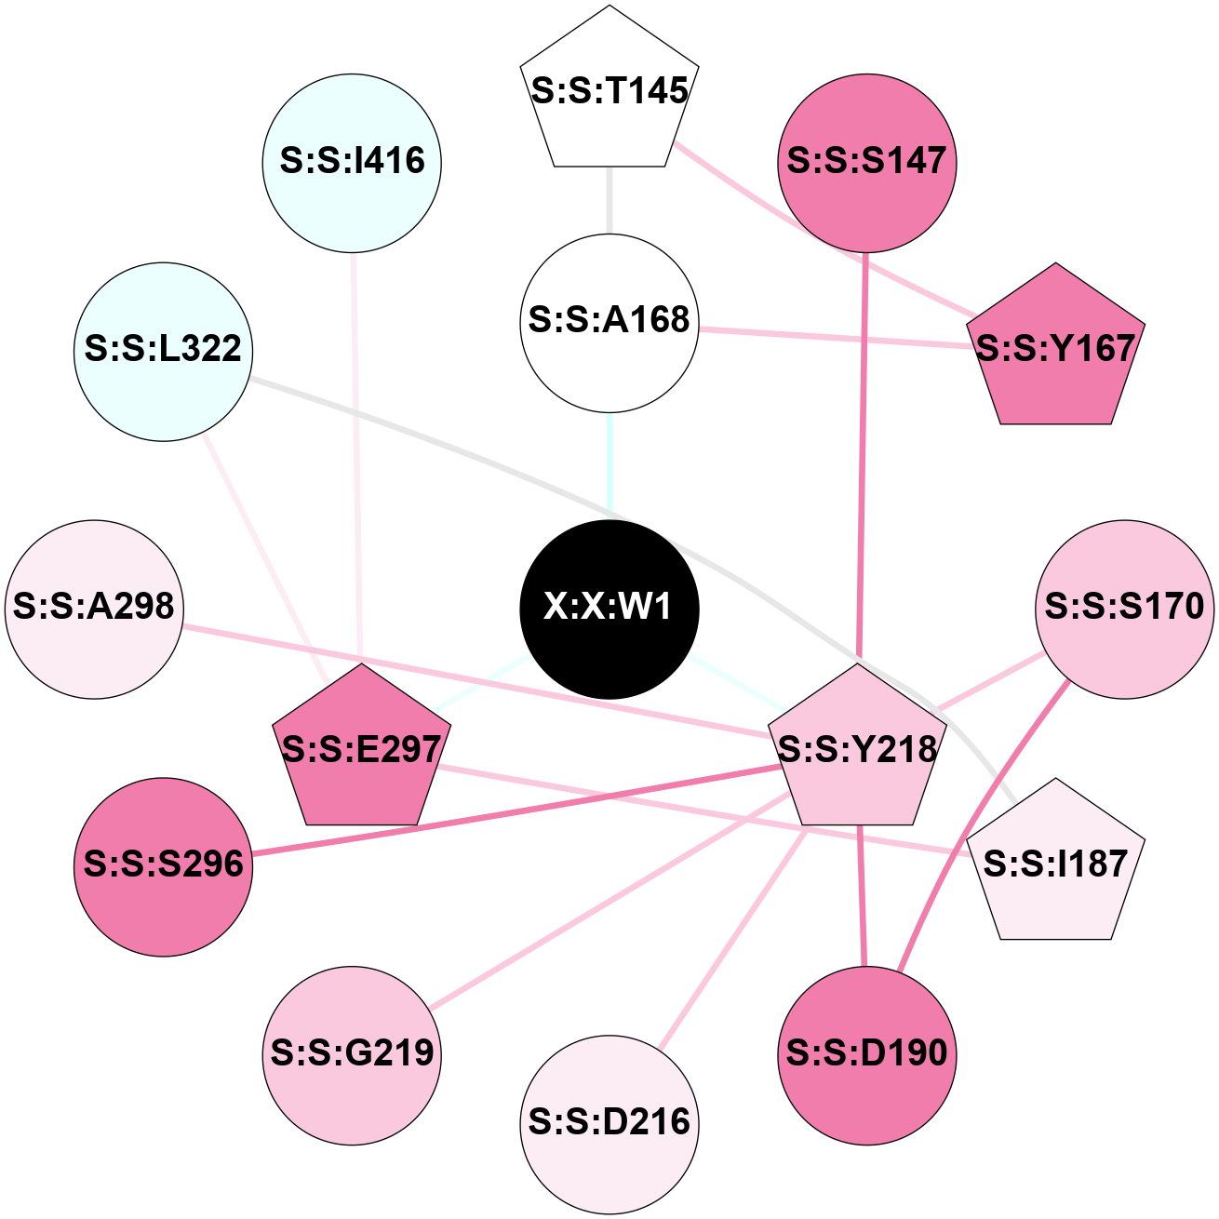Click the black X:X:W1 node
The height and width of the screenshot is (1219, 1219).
(x=609, y=609)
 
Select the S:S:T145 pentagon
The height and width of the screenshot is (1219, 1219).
(x=609, y=93)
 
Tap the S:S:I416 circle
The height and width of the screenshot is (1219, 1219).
(x=352, y=162)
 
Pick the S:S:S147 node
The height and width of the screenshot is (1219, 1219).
(x=866, y=162)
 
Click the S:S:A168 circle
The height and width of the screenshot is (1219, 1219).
(x=609, y=322)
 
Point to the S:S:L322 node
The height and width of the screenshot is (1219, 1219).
(x=163, y=351)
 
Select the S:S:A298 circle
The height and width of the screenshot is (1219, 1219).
(x=94, y=609)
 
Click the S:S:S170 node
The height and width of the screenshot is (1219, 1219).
(x=1124, y=609)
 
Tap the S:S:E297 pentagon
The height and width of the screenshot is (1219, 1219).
(x=360, y=749)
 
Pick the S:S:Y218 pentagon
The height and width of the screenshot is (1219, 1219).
(x=857, y=749)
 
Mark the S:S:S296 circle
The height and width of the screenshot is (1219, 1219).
(x=163, y=865)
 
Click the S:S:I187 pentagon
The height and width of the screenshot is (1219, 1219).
(x=1055, y=864)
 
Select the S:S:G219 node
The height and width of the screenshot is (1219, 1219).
(x=352, y=1054)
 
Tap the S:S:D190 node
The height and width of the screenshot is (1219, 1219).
(x=866, y=1054)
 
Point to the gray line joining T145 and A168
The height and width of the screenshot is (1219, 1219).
(x=609, y=200)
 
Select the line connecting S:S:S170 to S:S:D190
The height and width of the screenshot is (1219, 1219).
(x=977, y=837)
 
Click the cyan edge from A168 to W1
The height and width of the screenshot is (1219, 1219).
(x=609, y=465)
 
